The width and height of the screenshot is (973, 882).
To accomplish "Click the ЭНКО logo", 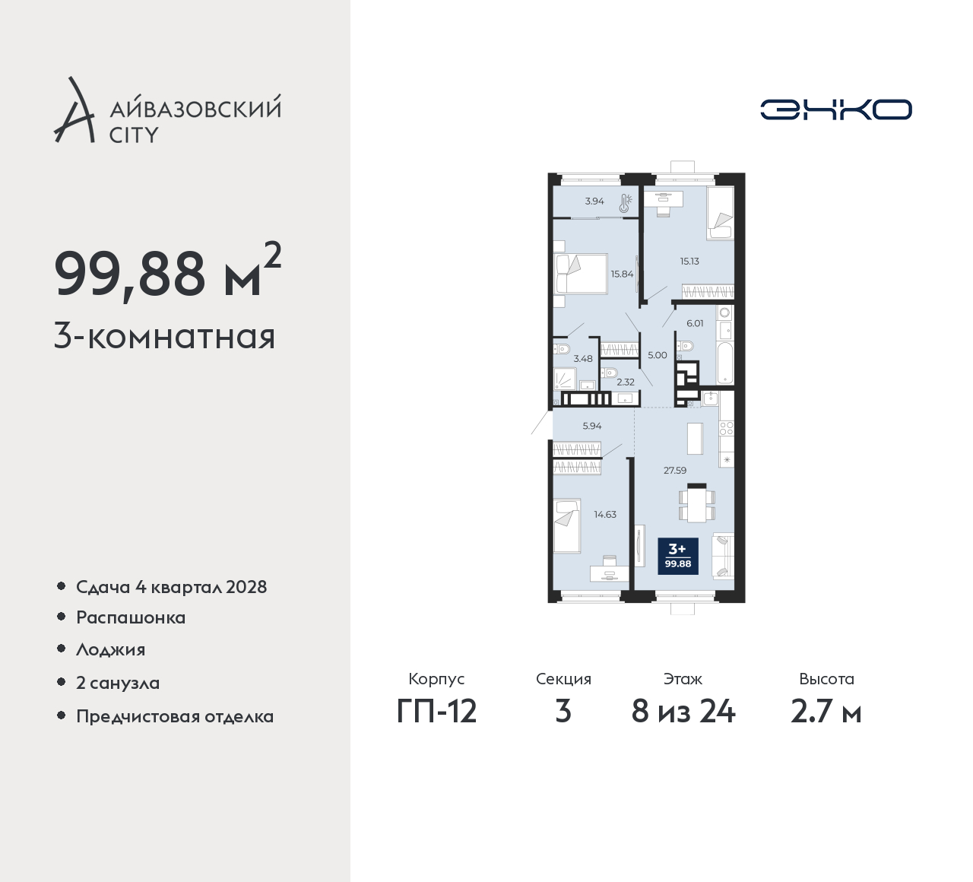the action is [x=835, y=109].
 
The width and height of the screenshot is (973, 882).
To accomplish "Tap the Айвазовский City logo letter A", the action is [x=74, y=110].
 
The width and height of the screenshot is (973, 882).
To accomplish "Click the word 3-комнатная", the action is [x=164, y=337].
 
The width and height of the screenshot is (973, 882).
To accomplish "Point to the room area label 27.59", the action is [x=675, y=470].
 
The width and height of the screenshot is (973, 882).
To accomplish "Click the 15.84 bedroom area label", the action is [x=622, y=274].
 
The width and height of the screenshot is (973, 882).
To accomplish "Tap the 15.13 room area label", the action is [x=689, y=261].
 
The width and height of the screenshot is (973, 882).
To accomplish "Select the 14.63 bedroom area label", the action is [x=605, y=514].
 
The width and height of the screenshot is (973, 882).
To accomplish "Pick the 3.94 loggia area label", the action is [x=594, y=201].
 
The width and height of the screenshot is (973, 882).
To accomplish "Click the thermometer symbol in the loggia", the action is [x=626, y=203].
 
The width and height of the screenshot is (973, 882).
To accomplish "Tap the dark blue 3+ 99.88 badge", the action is [x=678, y=556].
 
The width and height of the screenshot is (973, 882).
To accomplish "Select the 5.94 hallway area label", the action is [x=591, y=426].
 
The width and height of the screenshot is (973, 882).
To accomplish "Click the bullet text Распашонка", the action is [x=131, y=618].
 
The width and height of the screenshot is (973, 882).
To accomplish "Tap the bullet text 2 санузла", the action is [x=118, y=683].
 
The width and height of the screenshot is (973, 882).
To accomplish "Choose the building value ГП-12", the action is [x=436, y=712].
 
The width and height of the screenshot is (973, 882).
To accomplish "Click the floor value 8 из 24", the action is [x=683, y=712].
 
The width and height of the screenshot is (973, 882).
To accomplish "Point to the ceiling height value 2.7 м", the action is [x=826, y=712].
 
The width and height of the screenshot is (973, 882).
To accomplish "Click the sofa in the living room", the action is [x=723, y=555].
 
